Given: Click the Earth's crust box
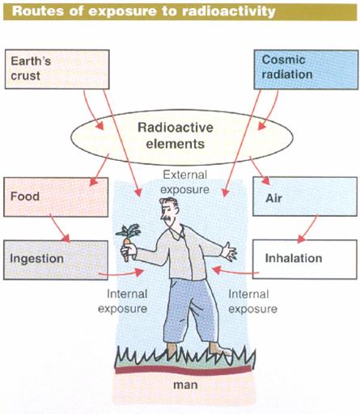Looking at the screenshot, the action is click(57, 70).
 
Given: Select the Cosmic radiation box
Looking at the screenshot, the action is click(306, 70).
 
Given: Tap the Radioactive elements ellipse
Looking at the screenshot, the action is click(182, 137).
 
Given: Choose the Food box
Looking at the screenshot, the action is click(56, 196).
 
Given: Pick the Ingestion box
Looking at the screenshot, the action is click(56, 260).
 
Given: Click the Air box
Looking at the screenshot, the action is click(305, 196).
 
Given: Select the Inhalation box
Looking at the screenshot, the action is click(305, 259).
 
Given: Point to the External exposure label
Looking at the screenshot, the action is click(185, 182).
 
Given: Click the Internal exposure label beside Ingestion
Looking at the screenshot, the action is click(123, 301).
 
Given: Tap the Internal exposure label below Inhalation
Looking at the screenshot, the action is click(252, 302).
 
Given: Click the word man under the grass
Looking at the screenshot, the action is click(185, 385).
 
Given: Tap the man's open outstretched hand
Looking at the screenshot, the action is click(229, 252).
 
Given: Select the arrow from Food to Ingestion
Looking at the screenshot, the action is click(60, 228).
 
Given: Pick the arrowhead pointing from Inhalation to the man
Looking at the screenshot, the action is click(217, 269).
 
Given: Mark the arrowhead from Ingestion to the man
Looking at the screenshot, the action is click(138, 272).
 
